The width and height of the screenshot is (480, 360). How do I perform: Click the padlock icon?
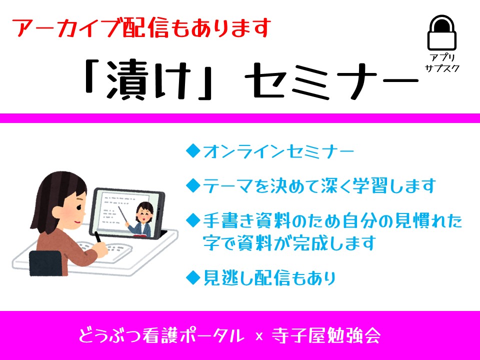click(441, 33)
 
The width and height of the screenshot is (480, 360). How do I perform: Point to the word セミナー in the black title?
click(331, 81)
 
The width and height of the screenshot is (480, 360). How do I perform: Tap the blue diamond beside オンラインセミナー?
click(193, 151)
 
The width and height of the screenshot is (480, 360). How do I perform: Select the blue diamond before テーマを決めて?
click(193, 185)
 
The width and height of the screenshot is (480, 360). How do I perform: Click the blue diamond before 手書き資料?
click(193, 220)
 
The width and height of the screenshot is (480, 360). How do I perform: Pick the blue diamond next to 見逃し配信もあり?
click(193, 277)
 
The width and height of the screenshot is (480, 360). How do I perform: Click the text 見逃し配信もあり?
click(269, 277)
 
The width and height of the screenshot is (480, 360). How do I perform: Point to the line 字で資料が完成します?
click(289, 243)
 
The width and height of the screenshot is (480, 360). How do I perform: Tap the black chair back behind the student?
click(46, 263)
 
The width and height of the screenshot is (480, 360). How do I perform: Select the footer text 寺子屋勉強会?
click(326, 336)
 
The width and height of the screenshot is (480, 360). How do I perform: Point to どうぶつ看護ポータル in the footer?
click(162, 336)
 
